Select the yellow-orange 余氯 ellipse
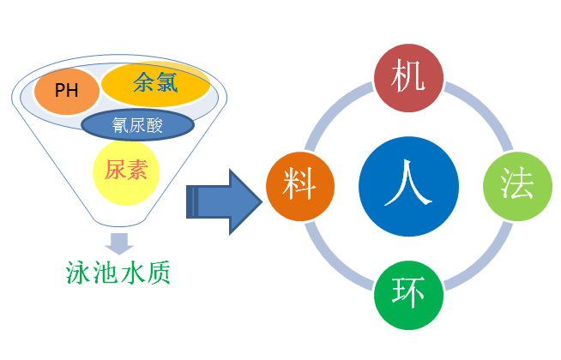click(156, 83)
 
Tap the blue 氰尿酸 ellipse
click(138, 125)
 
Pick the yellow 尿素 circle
click(126, 171)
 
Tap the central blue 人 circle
click(408, 188)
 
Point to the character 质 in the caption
click(158, 273)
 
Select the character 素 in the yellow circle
click(136, 171)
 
